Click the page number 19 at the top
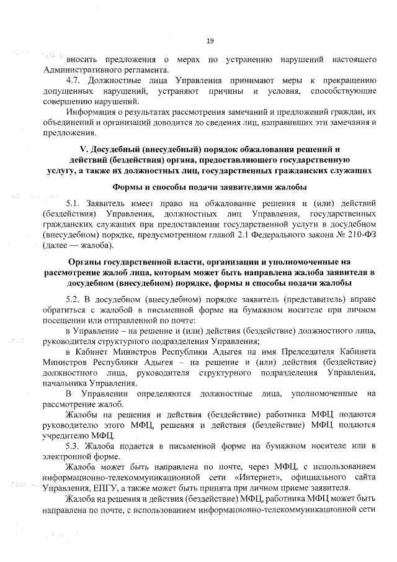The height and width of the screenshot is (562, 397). (210, 41)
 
